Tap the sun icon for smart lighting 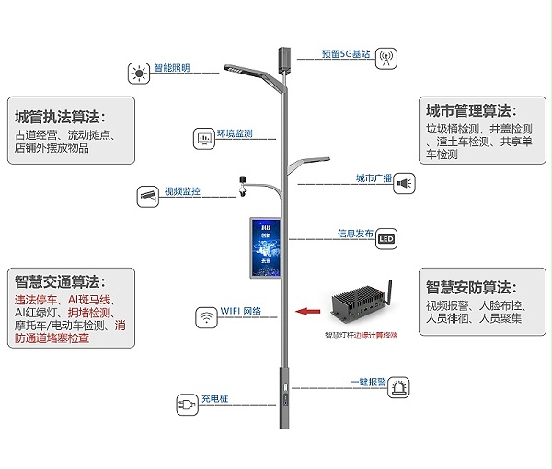[x=139, y=72]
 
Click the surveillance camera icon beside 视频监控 [x=148, y=194]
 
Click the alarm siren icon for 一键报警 [x=398, y=385]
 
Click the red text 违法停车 [x=36, y=300]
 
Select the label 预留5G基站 [x=346, y=54]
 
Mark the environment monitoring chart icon [x=202, y=138]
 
